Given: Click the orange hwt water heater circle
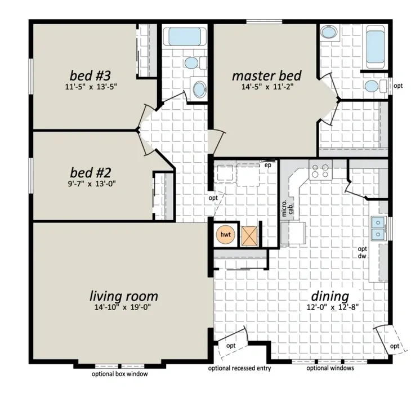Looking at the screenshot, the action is [x=225, y=234].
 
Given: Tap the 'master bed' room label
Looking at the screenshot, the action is [x=267, y=76].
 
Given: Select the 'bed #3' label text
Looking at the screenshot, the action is [x=90, y=75].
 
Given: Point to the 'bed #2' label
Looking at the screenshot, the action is [x=91, y=173].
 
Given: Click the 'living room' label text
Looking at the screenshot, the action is [x=124, y=296].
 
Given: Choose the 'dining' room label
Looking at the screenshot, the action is [x=330, y=297].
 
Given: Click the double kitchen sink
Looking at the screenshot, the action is [x=378, y=229].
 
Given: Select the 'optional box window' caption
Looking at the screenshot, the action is [x=120, y=374].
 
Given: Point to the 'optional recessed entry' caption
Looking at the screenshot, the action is [x=240, y=368].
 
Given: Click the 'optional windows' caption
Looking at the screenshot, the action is [x=330, y=368].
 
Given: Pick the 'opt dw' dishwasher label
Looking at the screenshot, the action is [x=362, y=252].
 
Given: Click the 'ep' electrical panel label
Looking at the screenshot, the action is [x=267, y=165].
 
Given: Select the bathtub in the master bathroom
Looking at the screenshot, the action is [x=375, y=46].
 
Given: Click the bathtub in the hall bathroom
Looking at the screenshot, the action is [x=185, y=37].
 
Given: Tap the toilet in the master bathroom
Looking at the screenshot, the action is [x=376, y=86].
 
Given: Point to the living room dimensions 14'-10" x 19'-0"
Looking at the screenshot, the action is [x=123, y=307].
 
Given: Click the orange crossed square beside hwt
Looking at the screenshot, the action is [x=249, y=236].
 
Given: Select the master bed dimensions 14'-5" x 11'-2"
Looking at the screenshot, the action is [x=267, y=87].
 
